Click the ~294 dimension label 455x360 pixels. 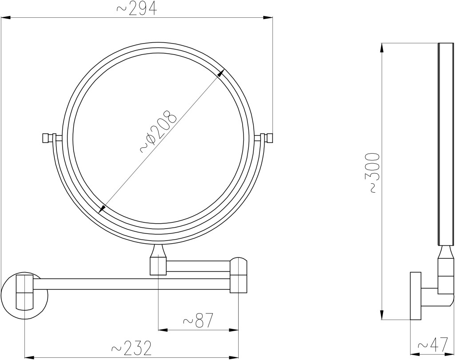click(x=137, y=9)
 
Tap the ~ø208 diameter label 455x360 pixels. click(x=158, y=131)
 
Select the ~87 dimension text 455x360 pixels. click(x=198, y=320)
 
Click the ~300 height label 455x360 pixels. click(x=374, y=173)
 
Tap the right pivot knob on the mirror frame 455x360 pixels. click(x=265, y=138)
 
